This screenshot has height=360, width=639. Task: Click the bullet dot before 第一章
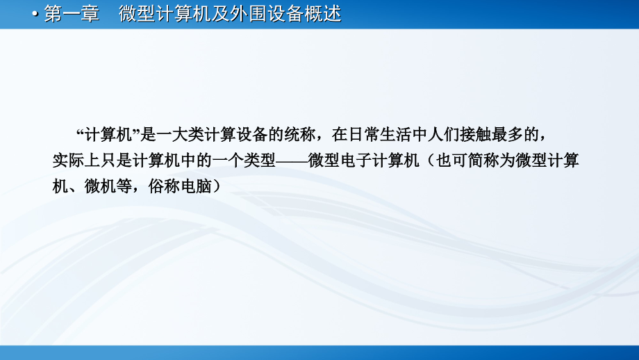[37, 15]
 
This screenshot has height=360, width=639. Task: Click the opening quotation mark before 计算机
[78, 132]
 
